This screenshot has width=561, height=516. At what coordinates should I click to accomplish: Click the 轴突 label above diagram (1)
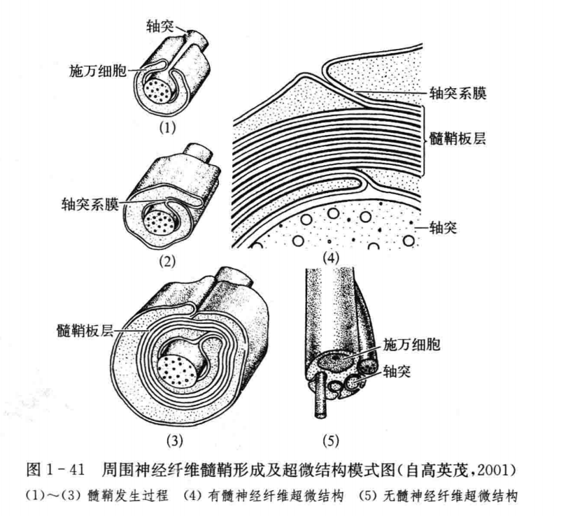[x=159, y=26]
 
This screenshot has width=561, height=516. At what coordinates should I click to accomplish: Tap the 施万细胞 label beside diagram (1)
[x=98, y=71]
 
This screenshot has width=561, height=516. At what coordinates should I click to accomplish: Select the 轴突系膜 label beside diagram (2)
[x=90, y=205]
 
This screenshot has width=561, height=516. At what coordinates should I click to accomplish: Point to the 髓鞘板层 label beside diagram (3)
[x=85, y=331]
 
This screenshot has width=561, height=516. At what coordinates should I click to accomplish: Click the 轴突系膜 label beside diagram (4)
[x=458, y=94]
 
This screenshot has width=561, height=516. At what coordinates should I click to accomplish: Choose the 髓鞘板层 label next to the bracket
[x=458, y=138]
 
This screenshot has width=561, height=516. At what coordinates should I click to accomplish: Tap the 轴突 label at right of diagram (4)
[x=443, y=227]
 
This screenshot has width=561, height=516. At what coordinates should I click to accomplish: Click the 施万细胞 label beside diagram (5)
[x=411, y=345]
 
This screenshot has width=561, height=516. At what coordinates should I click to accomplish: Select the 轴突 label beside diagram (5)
[x=397, y=372]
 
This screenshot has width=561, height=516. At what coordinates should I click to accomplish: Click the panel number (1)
[x=167, y=128]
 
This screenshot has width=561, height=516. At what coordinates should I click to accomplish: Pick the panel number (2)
[x=167, y=261]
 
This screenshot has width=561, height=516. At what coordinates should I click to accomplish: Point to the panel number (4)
[x=330, y=258]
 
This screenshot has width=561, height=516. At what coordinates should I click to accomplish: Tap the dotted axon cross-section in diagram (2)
[x=161, y=224]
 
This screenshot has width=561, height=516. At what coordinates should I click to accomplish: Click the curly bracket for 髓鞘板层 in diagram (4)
[x=425, y=141]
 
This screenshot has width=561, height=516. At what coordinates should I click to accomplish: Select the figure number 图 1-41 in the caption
[x=55, y=470]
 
